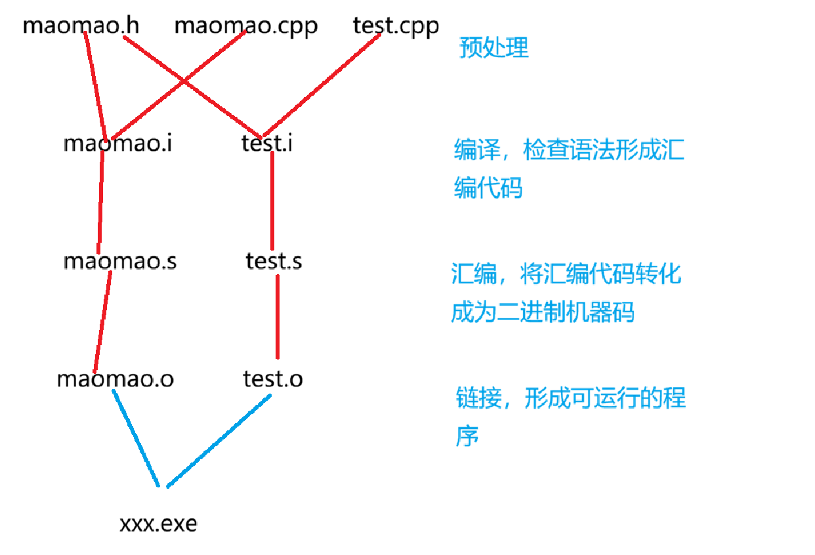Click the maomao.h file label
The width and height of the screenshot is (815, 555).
tap(81, 27)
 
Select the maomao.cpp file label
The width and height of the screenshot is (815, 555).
tap(246, 27)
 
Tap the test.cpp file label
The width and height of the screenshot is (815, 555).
tap(396, 27)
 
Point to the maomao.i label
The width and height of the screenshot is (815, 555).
tap(118, 144)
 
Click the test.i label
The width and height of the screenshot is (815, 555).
tap(266, 144)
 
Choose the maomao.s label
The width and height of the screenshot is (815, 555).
tap(119, 261)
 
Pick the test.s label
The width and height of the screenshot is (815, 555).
tap(274, 261)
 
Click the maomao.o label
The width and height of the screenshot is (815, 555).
tap(115, 379)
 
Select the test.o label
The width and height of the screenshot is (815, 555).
tap(272, 379)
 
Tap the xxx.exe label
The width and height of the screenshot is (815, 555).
tap(158, 524)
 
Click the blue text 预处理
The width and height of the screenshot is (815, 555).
tap(493, 48)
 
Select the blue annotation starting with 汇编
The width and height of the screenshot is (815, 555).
tap(566, 293)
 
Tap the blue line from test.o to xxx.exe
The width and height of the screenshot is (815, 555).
tap(219, 442)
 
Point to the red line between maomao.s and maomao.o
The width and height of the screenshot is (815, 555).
tap(102, 321)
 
